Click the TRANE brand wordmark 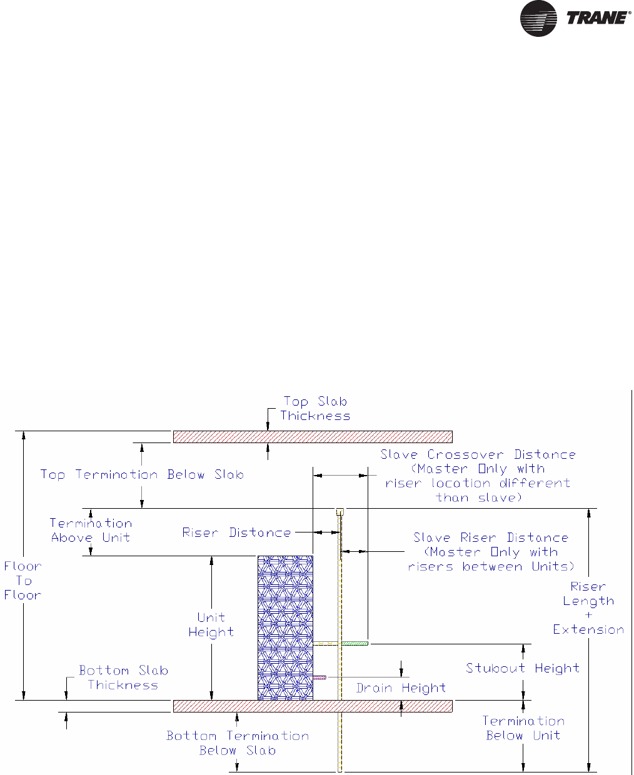coord(597,17)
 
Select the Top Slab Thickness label coord(315,409)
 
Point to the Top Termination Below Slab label coord(142,474)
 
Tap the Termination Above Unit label coord(91,531)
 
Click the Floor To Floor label coord(23,581)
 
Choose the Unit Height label coord(211,625)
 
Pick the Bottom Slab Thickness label coord(123,677)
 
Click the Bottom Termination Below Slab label coord(238,743)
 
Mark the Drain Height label coord(401,688)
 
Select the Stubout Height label coord(523,668)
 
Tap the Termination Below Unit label coord(523,728)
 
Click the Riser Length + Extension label coord(588,608)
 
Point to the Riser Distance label coord(236,532)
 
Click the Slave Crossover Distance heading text coord(478,454)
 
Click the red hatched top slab coord(313,436)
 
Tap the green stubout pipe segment coord(355,643)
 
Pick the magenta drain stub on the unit coord(320,677)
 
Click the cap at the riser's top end coord(340,511)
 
